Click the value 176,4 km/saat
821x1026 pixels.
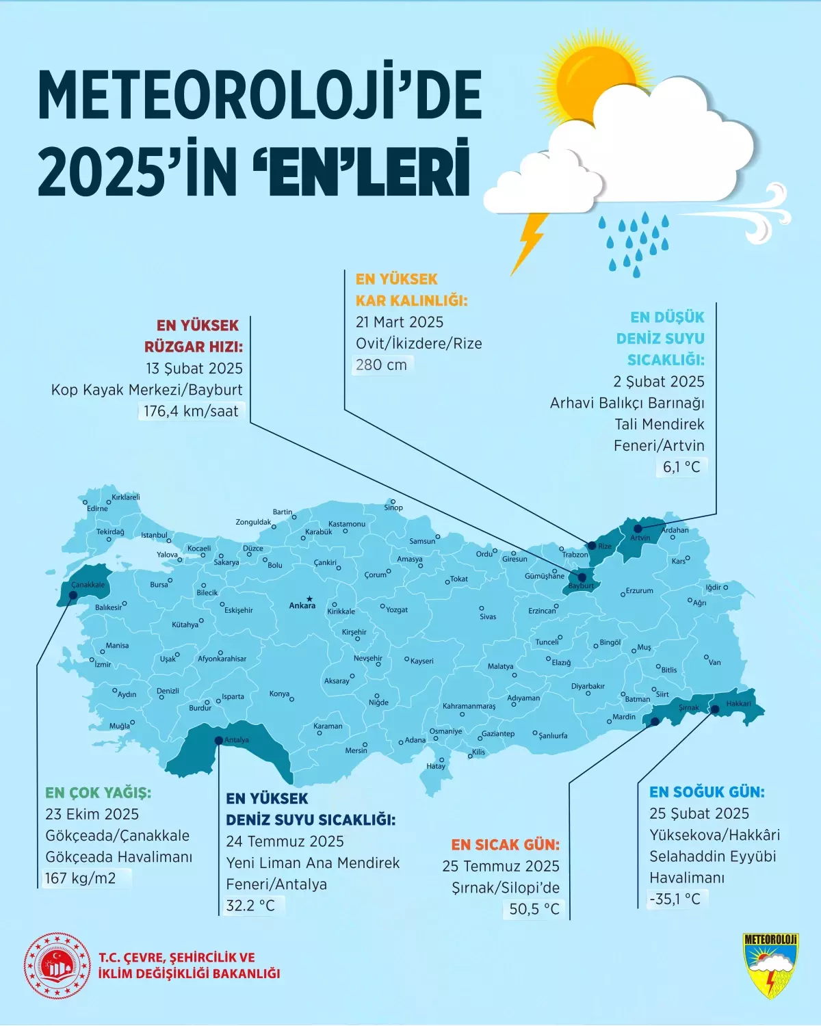[x=191, y=411]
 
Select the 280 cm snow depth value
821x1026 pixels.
[x=381, y=365]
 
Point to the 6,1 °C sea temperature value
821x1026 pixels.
[x=681, y=467]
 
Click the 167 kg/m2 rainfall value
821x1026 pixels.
[x=81, y=878]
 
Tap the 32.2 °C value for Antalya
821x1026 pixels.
[x=250, y=906]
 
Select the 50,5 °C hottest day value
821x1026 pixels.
[x=534, y=909]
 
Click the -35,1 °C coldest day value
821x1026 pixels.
[x=675, y=899]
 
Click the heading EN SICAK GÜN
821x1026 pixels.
[x=505, y=845]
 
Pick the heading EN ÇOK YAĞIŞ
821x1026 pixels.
[x=98, y=793]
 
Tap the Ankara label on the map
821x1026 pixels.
[x=302, y=605]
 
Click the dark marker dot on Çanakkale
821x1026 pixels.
[x=73, y=595]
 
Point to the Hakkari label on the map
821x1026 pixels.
[x=738, y=703]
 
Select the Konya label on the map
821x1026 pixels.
[x=279, y=694]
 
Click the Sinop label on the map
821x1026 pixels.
[x=393, y=508]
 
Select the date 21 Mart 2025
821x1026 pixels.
[x=400, y=322]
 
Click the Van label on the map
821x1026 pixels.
[x=715, y=662]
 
